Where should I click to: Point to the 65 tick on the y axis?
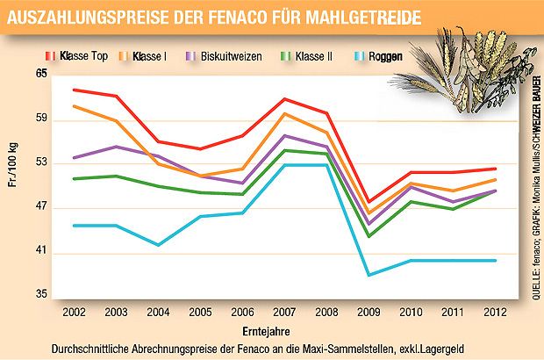point(40,75)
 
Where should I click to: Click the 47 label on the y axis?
point(40,209)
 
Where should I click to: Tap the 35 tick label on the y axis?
point(40,296)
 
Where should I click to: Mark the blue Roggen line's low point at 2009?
point(368,275)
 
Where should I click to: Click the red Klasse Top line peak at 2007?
point(283,98)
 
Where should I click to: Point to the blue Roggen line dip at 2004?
point(158,245)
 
